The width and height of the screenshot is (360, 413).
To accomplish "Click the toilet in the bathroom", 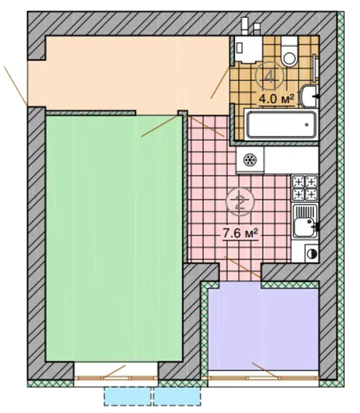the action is coord(289,52).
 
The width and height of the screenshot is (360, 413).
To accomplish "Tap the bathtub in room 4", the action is coord(281,125).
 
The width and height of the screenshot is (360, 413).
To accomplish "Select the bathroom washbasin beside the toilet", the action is coord(309,96).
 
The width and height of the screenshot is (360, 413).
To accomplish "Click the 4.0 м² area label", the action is coord(277,99).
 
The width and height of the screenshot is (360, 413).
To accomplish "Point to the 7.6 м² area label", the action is coord(240,234).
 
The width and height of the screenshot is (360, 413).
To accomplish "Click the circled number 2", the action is coord(240,202).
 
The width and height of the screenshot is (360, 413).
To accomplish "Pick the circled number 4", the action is coord(270,76).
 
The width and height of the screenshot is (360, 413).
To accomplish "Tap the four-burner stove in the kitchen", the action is coord(305,188).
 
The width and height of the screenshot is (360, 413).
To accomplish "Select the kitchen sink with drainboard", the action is coord(306,221).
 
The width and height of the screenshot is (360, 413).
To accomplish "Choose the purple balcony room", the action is coord(263,329).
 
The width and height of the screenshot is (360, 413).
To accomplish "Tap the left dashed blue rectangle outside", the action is coord(128,396).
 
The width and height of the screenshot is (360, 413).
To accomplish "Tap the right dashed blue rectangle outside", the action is coord(177,396).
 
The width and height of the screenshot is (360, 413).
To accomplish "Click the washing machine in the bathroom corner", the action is coord(248,49).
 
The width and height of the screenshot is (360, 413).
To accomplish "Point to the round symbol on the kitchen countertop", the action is coord(250,160).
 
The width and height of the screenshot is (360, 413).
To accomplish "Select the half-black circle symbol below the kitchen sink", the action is coord(312,254).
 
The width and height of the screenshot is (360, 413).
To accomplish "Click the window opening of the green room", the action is coord(116,374).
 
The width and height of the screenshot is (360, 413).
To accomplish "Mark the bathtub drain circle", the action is coord(306,125).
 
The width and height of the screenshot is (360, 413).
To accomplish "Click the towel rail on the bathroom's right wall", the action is coord(314,68).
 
